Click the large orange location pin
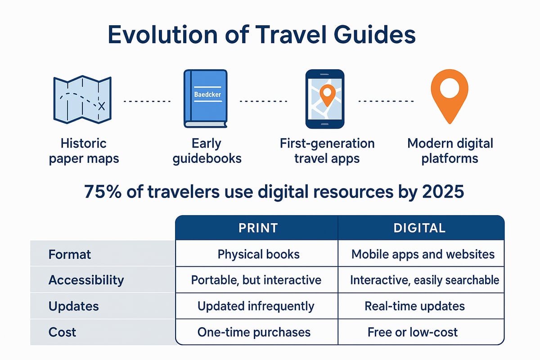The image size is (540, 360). pyautogui.click(x=449, y=94)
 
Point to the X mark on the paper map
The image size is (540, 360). pyautogui.click(x=101, y=106)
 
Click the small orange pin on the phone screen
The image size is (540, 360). pyautogui.click(x=326, y=94)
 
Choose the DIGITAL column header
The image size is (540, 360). pyautogui.click(x=419, y=228)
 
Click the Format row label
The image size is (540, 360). pyautogui.click(x=70, y=254)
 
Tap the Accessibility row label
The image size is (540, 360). pyautogui.click(x=86, y=280)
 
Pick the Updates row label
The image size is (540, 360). pyautogui.click(x=74, y=306)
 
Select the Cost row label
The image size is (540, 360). pyautogui.click(x=63, y=332)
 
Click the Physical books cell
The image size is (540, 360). pyautogui.click(x=258, y=254)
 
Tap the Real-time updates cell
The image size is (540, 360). pyautogui.click(x=414, y=306)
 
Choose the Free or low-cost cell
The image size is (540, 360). pyautogui.click(x=412, y=332)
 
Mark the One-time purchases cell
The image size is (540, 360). pyautogui.click(x=254, y=332)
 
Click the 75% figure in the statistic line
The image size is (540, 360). pyautogui.click(x=100, y=192)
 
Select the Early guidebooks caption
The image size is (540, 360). pyautogui.click(x=207, y=151)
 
